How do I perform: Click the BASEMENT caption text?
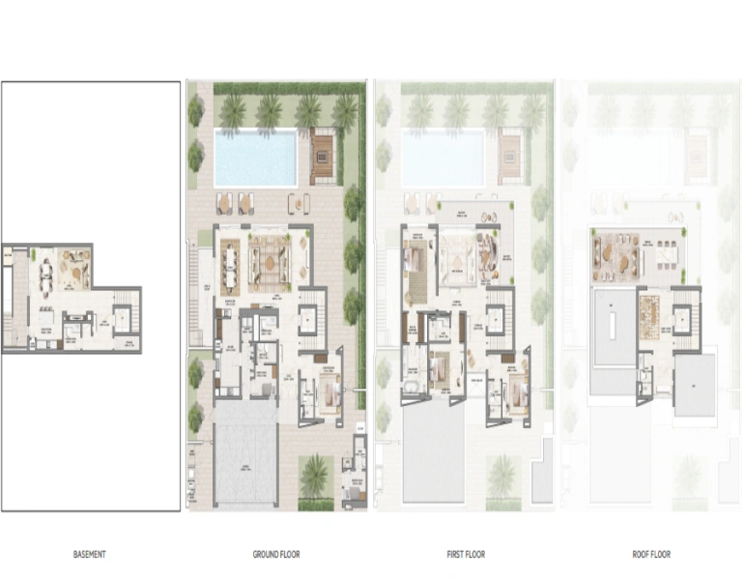click(x=90, y=555)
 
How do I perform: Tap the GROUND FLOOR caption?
click(x=276, y=555)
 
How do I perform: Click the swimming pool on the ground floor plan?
click(x=255, y=159)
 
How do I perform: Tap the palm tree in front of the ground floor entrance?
click(x=315, y=474)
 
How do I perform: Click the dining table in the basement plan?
click(x=44, y=275)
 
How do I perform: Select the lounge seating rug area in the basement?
click(x=74, y=268)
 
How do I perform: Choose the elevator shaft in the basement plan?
click(x=122, y=318)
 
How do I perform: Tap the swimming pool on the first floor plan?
click(x=443, y=159)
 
